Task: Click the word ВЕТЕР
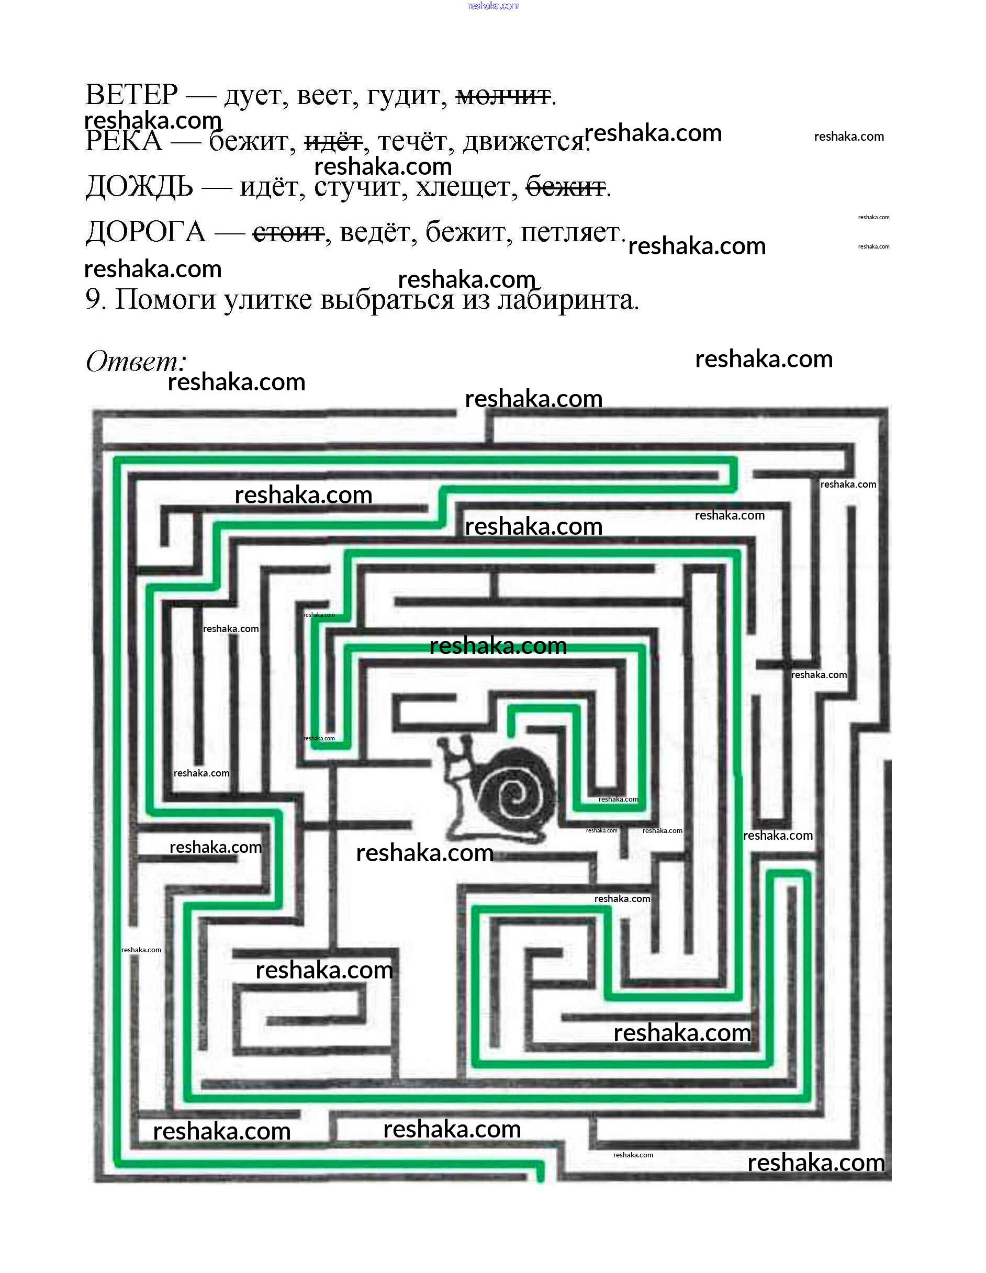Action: click(x=131, y=95)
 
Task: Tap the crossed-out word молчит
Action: click(x=502, y=96)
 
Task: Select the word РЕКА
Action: click(x=124, y=142)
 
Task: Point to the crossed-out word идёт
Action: click(x=333, y=142)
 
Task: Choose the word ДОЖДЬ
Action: click(x=139, y=188)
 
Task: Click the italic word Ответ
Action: click(x=135, y=362)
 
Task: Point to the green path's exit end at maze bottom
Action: click(x=540, y=1177)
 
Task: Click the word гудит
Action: click(x=406, y=96)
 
